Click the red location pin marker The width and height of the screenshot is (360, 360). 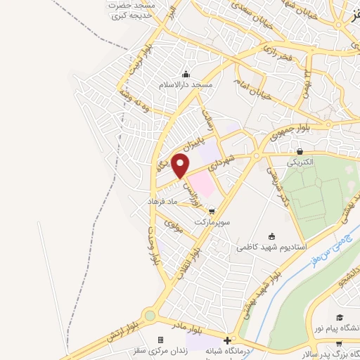181,166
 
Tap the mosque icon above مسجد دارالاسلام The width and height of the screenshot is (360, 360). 186,75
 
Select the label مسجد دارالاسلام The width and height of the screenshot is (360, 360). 185,84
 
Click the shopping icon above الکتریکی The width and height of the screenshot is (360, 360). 300,151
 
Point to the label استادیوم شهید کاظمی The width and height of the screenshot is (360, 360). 270,247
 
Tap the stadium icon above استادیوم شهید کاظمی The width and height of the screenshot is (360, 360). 272,237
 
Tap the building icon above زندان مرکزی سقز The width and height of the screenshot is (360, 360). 160,340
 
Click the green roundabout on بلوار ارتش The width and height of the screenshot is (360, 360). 150,316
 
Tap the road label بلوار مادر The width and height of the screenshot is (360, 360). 191,331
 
